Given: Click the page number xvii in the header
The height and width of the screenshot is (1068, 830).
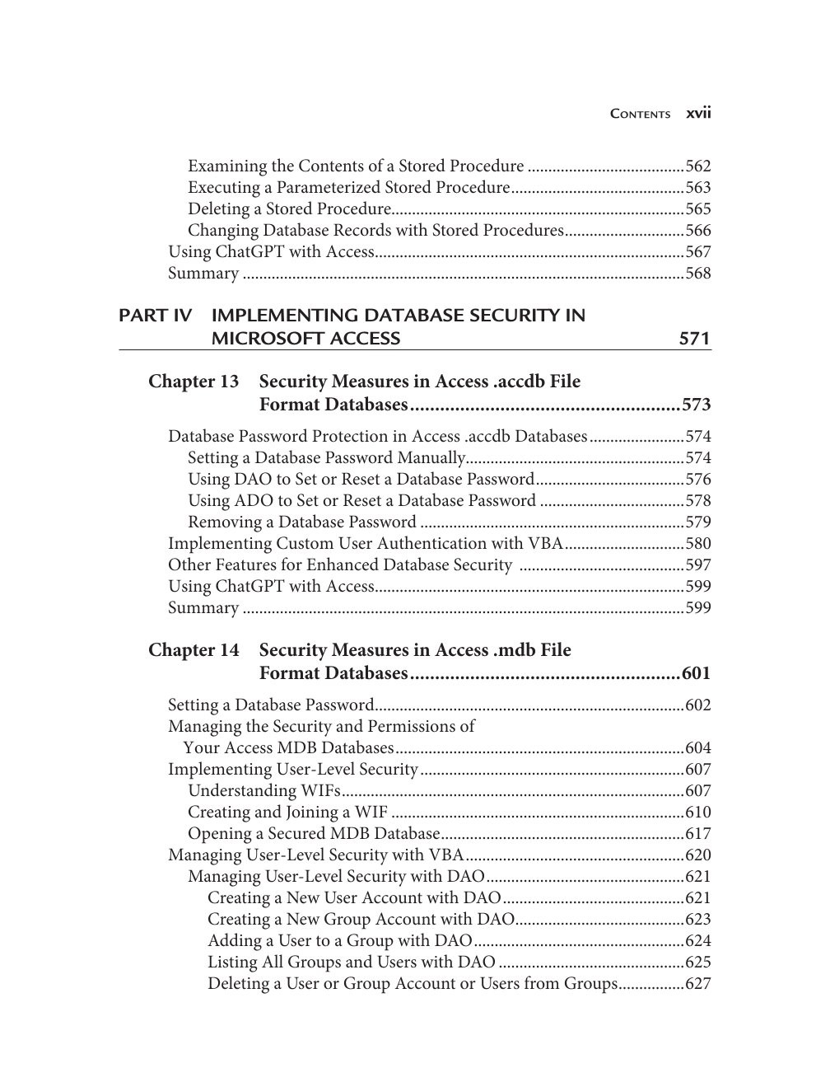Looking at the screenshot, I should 698,114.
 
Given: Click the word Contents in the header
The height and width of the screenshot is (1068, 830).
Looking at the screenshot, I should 640,115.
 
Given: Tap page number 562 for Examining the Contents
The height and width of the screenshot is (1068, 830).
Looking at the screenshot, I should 697,166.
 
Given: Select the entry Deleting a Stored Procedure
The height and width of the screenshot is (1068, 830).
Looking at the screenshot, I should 288,209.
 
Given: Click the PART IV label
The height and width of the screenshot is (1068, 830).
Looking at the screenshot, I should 155,316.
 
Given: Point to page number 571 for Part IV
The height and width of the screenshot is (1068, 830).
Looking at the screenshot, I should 694,339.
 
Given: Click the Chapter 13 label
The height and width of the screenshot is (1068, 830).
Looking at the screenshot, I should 194,382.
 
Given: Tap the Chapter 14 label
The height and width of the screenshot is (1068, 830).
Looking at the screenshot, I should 194,650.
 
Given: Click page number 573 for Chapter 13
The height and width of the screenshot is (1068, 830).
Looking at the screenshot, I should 696,405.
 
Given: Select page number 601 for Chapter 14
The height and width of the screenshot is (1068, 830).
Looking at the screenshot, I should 696,673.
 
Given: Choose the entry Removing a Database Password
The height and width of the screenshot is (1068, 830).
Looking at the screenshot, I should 301,522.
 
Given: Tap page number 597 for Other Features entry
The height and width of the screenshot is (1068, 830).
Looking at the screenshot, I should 697,565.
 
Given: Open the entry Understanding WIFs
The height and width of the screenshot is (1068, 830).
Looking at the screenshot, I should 264,791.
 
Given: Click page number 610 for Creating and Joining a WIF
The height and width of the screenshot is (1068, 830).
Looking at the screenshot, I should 697,813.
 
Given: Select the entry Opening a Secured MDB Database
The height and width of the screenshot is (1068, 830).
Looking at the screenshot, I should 314,834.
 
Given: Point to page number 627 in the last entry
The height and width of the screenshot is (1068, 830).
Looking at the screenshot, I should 697,984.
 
